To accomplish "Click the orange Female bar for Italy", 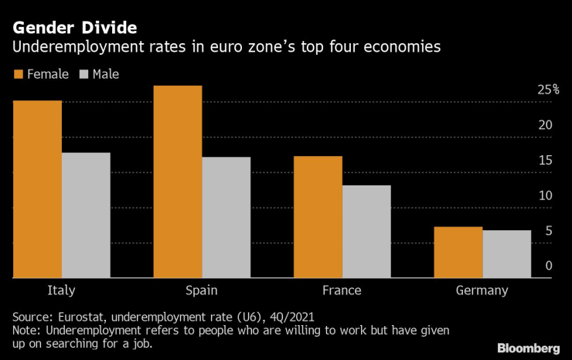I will (x=37, y=189).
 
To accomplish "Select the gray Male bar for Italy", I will (x=86, y=216).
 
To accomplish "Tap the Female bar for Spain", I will (x=178, y=182).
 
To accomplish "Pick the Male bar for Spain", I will (x=226, y=218).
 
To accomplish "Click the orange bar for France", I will (x=318, y=217).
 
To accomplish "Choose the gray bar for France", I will (x=366, y=232).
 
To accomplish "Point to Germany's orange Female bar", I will (x=458, y=253).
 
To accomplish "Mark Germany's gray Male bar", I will (x=507, y=254).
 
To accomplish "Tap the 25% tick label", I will (x=548, y=90).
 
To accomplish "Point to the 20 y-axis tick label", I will (x=545, y=125).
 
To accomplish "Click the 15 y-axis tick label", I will (x=545, y=161).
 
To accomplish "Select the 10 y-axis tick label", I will (x=545, y=195).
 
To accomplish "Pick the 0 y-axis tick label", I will (x=548, y=266).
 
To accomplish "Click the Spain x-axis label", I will (x=202, y=290).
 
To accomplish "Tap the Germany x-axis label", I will (x=482, y=290).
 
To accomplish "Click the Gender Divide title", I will (x=75, y=28).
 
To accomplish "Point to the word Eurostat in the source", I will (x=82, y=317).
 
